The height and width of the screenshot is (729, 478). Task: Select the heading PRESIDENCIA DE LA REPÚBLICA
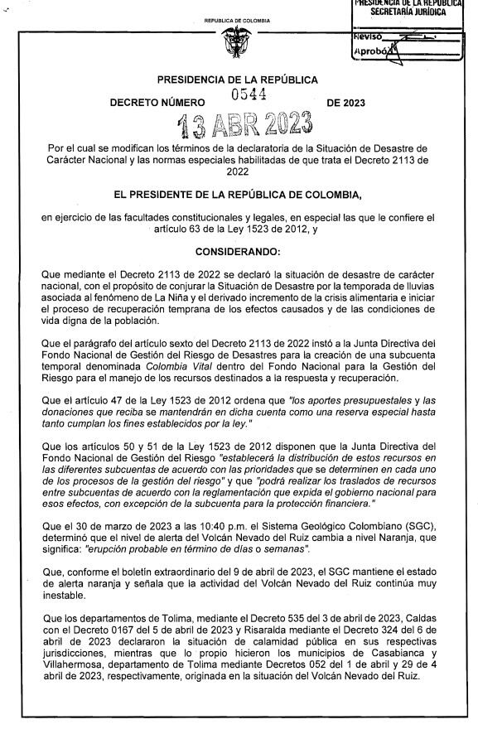(238, 80)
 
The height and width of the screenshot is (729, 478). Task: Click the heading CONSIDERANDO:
(238, 249)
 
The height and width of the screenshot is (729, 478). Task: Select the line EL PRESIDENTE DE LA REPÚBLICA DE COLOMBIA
(238, 196)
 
